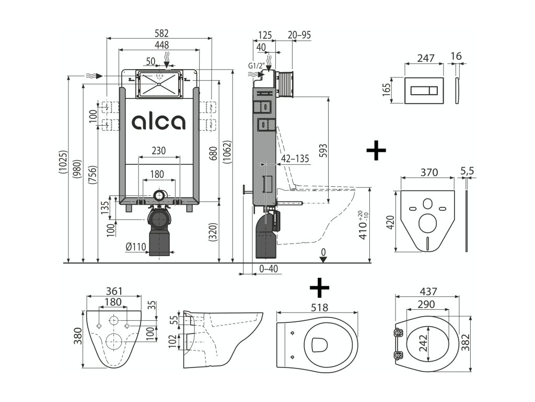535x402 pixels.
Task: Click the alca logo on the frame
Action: [x=159, y=122]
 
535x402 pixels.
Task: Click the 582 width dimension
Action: [x=162, y=33]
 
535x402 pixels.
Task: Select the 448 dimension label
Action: [x=162, y=45]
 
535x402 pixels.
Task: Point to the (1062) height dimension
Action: [x=228, y=152]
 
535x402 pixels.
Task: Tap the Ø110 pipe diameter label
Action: [x=136, y=247]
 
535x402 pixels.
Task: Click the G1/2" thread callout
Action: [x=257, y=66]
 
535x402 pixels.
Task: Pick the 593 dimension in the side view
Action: [x=323, y=150]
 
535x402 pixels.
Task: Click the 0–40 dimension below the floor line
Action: [x=269, y=269]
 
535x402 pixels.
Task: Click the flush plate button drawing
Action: [x=424, y=91]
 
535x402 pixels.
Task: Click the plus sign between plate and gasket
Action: [x=376, y=150]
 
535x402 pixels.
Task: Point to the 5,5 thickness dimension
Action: [x=467, y=171]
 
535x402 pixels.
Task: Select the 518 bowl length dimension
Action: [x=319, y=308]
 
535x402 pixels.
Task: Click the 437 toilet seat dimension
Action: [x=428, y=292]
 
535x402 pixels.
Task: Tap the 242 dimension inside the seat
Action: [x=423, y=342]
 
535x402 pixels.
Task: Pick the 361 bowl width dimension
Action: [x=114, y=291]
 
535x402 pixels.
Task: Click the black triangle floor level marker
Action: [x=323, y=260]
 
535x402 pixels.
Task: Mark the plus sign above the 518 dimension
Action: [x=319, y=287]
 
